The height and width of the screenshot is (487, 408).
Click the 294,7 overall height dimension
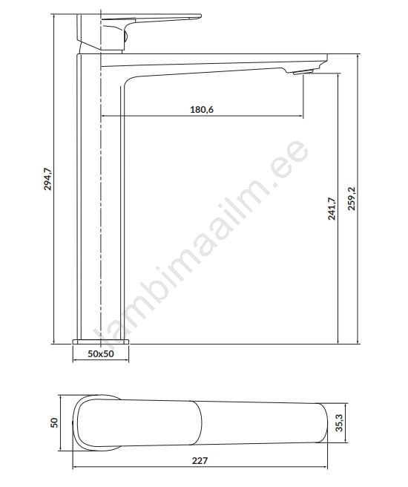[x=47, y=179]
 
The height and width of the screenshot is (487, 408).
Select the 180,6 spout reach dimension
[x=202, y=109]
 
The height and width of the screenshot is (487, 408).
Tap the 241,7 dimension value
[x=332, y=209]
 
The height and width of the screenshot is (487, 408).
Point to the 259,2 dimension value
[x=352, y=199]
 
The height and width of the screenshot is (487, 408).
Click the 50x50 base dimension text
[x=101, y=354]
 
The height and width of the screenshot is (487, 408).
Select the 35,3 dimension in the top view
[x=340, y=423]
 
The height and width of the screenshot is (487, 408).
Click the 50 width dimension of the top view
[x=54, y=422]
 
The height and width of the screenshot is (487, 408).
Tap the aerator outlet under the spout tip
[x=303, y=72]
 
